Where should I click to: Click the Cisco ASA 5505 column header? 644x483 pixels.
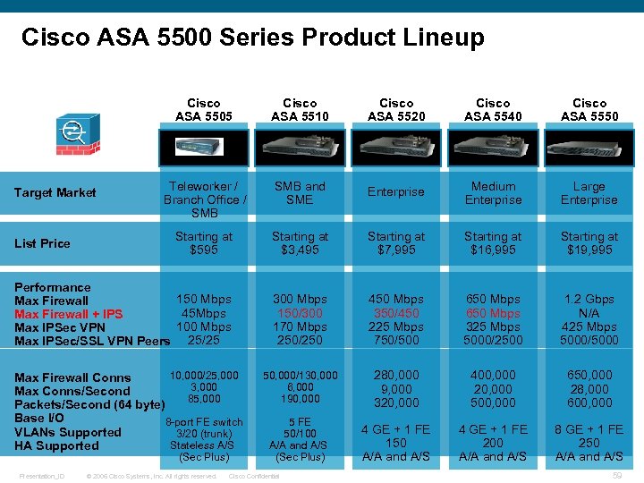204,109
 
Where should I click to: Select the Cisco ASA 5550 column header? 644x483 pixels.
589,109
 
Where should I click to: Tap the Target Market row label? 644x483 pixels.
55,192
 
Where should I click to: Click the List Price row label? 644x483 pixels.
42,243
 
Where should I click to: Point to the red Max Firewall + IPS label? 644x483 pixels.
69,314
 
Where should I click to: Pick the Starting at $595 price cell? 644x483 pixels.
203,242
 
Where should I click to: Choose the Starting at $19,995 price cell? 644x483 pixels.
589,242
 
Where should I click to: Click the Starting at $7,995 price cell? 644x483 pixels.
396,242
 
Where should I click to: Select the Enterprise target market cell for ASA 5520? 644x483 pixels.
396,192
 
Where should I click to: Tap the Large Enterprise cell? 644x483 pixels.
589,193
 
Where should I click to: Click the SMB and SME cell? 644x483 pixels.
300,193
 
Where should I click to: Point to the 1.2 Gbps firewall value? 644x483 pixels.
589,299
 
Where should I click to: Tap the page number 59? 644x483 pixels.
616,476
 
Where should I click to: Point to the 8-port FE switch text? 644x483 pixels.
205,422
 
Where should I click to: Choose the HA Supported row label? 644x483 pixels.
56,445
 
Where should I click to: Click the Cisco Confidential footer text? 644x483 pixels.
254,476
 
